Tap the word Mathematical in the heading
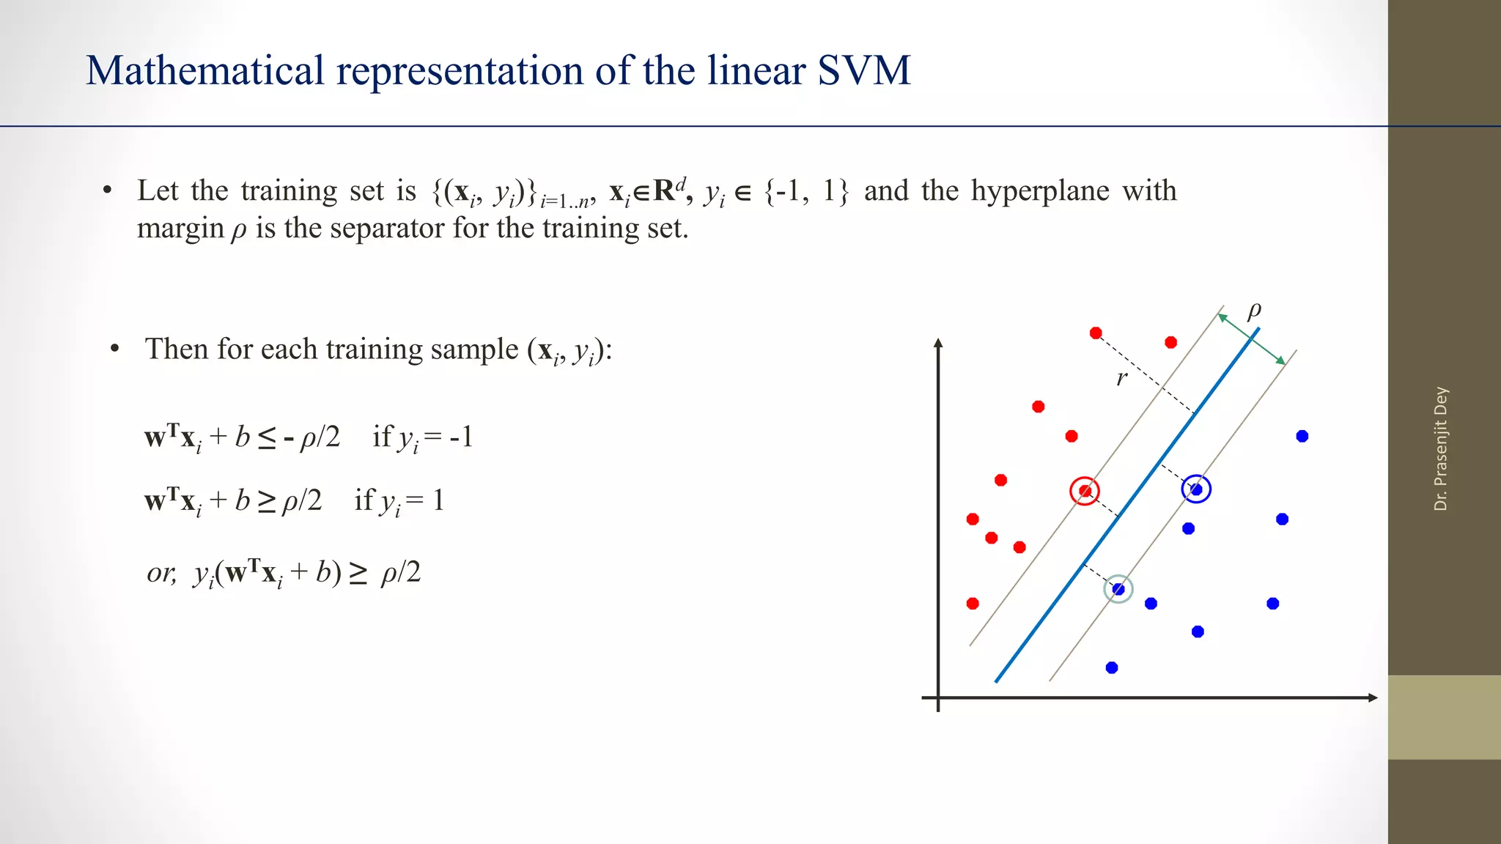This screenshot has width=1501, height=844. pyautogui.click(x=205, y=71)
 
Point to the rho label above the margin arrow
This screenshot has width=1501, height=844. pyautogui.click(x=1254, y=310)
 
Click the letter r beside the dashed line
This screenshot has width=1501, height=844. pyautogui.click(x=1121, y=378)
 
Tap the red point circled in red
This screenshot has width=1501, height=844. pyautogui.click(x=1085, y=491)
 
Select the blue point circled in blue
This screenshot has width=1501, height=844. pyautogui.click(x=1196, y=489)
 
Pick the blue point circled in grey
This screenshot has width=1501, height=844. pyautogui.click(x=1118, y=589)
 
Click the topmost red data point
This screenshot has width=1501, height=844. pyautogui.click(x=1096, y=333)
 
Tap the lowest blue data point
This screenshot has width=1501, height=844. pyautogui.click(x=1112, y=667)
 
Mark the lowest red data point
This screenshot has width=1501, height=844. pyautogui.click(x=973, y=604)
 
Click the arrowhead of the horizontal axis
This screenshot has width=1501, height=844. pyautogui.click(x=1373, y=697)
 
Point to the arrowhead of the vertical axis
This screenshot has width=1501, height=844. pyautogui.click(x=938, y=343)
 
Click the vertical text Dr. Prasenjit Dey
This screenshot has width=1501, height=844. pyautogui.click(x=1441, y=448)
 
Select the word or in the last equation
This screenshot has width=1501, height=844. pyautogui.click(x=161, y=572)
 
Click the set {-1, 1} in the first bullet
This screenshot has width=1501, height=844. pyautogui.click(x=807, y=191)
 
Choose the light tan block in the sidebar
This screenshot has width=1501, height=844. pyautogui.click(x=1444, y=717)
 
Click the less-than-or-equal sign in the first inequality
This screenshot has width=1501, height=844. pyautogui.click(x=267, y=438)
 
